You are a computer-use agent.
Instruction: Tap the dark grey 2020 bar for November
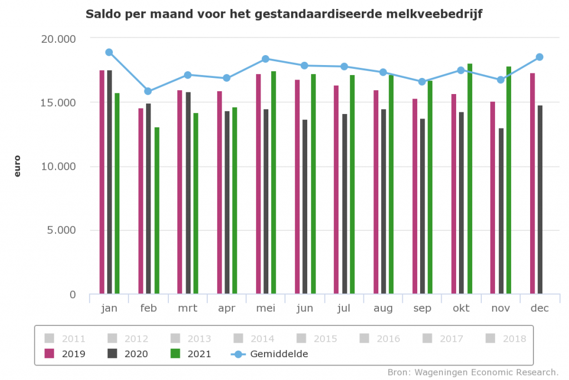click(x=501, y=211)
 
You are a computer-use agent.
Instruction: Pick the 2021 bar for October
click(x=470, y=179)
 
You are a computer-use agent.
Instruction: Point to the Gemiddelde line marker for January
click(x=109, y=52)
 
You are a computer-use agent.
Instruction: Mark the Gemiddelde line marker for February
click(x=148, y=91)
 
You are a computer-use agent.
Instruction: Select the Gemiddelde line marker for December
click(x=539, y=57)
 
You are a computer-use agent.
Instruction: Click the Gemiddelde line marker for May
click(x=266, y=59)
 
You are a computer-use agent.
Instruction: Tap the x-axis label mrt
click(x=187, y=309)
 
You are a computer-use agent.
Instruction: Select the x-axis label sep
click(x=422, y=309)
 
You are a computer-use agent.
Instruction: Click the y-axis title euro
click(x=17, y=166)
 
